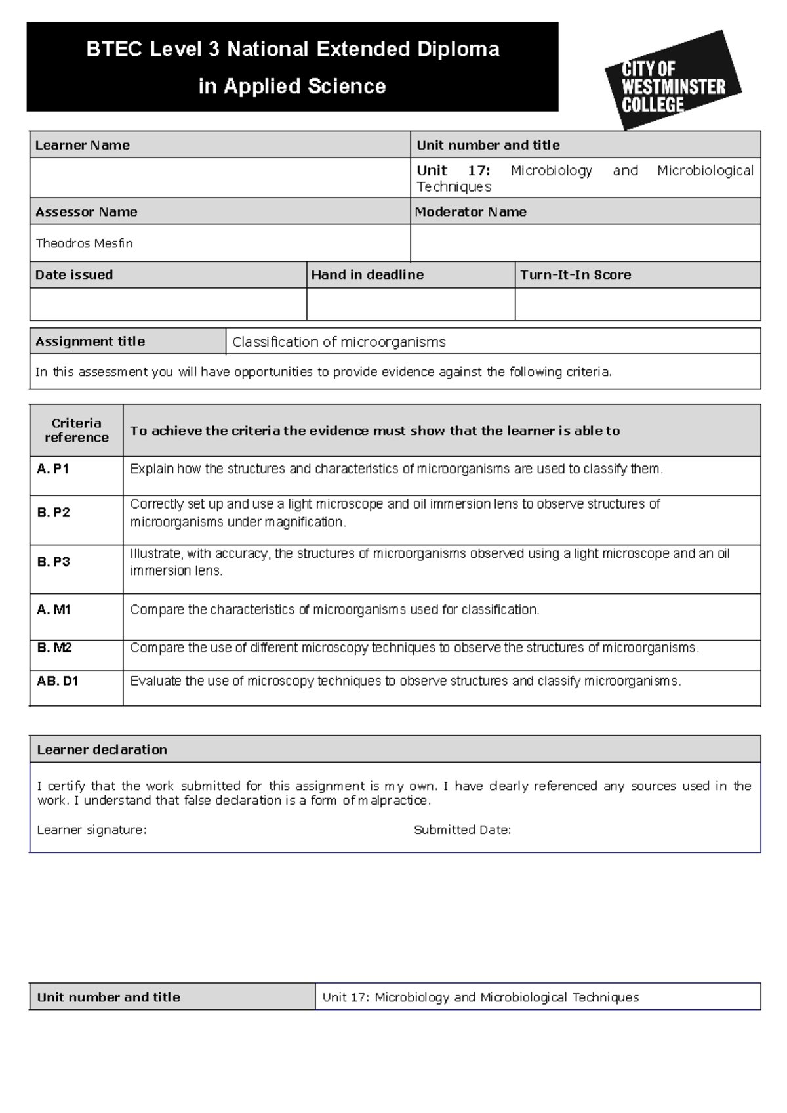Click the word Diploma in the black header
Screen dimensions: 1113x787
458,49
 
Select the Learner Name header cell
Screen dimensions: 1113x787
83,145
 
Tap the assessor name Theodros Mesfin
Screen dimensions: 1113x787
84,243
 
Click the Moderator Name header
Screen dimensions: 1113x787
470,211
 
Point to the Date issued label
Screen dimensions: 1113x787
74,274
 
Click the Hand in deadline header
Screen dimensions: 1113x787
367,274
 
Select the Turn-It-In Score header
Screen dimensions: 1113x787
575,274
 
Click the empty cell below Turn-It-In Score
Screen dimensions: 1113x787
637,304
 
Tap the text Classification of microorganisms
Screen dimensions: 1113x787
338,341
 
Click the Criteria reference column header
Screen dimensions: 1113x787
76,430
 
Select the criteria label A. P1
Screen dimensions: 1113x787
53,469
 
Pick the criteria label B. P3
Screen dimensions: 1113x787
53,562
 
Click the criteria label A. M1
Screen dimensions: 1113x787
54,609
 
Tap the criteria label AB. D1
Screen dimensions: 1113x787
57,681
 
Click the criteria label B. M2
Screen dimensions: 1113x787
54,648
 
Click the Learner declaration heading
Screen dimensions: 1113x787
102,749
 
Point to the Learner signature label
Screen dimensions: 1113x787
92,829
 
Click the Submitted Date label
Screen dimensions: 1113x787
462,829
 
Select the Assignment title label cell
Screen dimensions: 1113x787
91,341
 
